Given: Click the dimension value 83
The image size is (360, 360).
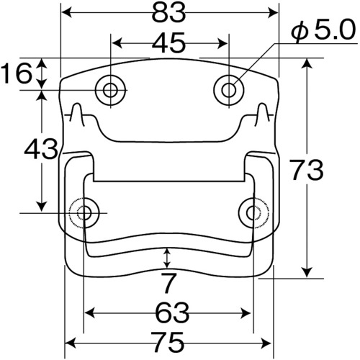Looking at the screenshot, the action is pos(169,13).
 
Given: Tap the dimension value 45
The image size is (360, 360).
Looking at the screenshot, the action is pos(169,43).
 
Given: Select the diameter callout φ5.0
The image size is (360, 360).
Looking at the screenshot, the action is pos(323,30).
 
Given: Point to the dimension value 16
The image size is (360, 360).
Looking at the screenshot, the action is pos(17,73).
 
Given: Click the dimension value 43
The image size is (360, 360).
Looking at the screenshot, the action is pos(41,149).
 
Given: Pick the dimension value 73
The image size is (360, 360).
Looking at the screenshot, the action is pos(306,170).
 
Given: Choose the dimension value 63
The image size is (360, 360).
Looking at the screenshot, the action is pos(172,313).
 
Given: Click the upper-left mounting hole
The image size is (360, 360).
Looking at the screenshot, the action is pos(110,90).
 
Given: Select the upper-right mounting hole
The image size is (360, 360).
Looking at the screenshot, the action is pos(229,90).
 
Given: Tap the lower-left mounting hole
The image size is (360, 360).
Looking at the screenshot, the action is pos(84,213).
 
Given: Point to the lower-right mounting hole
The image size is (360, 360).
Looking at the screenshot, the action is pos(254,212).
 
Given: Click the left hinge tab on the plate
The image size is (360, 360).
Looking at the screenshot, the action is pos(78,114).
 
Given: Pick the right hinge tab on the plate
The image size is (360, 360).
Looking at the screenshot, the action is pos(262,114).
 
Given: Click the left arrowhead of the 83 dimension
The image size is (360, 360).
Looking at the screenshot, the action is pos(67,13).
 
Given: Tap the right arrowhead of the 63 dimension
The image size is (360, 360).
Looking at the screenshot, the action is pos(246,313).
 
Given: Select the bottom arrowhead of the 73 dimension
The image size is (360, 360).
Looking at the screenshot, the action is pos(307,272).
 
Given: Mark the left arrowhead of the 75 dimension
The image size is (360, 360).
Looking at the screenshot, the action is pos(70,341).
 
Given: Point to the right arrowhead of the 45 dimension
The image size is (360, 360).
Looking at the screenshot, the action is pos(222,43).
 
